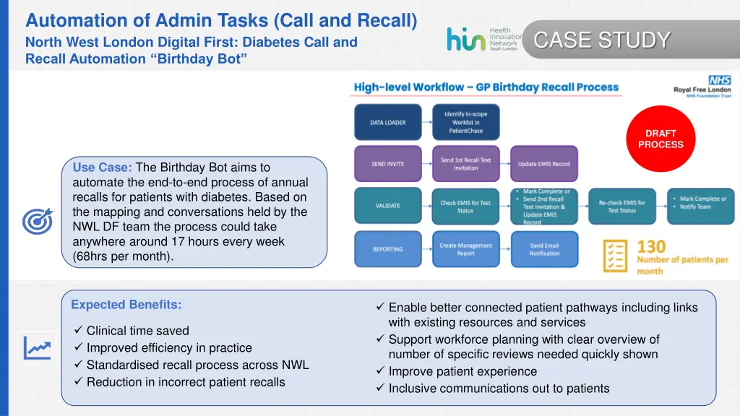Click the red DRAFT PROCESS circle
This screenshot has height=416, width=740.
tap(661, 139)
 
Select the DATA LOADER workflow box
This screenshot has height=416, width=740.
tap(387, 123)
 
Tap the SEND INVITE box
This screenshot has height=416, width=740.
tap(387, 164)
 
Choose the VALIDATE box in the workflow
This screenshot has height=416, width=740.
tap(387, 206)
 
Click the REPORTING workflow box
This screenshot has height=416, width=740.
tap(387, 249)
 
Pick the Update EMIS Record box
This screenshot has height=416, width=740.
tap(543, 164)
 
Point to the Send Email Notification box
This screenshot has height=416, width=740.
tap(543, 249)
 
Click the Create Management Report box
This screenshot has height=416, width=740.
tap(465, 249)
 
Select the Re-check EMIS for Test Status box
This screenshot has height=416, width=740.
tap(621, 207)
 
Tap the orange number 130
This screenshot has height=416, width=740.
tap(651, 248)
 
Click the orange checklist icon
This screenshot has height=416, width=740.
tap(616, 256)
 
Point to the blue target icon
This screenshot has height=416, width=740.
tap(37, 221)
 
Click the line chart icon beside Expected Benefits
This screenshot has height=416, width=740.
tap(37, 348)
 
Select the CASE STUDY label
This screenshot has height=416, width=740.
tap(601, 40)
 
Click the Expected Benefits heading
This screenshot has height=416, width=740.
tap(126, 305)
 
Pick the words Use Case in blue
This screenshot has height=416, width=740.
tap(102, 168)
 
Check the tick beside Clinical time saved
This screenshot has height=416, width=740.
tap(78, 331)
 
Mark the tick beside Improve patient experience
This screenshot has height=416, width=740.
tap(380, 371)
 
